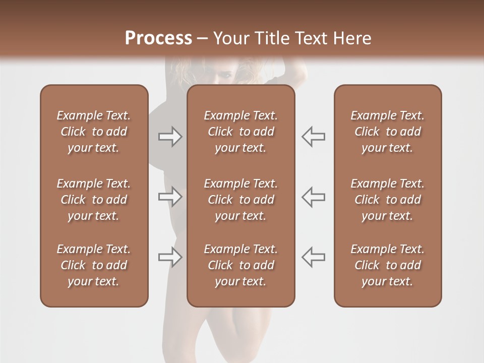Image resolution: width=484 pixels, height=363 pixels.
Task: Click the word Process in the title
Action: click(158, 38)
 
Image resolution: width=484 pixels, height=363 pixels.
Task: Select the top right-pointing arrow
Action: click(170, 137)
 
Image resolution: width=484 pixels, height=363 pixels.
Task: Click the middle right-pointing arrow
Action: click(170, 197)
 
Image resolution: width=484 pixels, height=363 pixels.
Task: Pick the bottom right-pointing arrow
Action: click(170, 257)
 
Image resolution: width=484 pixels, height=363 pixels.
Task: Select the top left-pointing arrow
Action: click(313, 137)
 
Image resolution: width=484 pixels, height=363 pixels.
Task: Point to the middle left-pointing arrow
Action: click(313, 197)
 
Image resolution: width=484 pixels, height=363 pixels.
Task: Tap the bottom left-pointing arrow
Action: click(313, 257)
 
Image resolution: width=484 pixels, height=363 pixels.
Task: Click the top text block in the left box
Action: click(94, 132)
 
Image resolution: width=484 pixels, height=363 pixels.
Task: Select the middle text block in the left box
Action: click(94, 200)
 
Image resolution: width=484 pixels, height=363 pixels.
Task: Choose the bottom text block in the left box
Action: click(94, 265)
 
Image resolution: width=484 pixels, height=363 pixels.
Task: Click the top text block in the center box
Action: click(240, 132)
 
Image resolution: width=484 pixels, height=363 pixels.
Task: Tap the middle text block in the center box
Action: click(240, 200)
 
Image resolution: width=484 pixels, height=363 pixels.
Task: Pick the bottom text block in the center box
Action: click(240, 265)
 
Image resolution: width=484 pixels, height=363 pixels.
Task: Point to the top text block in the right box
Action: click(387, 132)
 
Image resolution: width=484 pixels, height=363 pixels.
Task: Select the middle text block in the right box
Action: click(387, 200)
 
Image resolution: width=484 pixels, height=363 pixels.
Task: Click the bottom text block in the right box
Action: click(387, 265)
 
